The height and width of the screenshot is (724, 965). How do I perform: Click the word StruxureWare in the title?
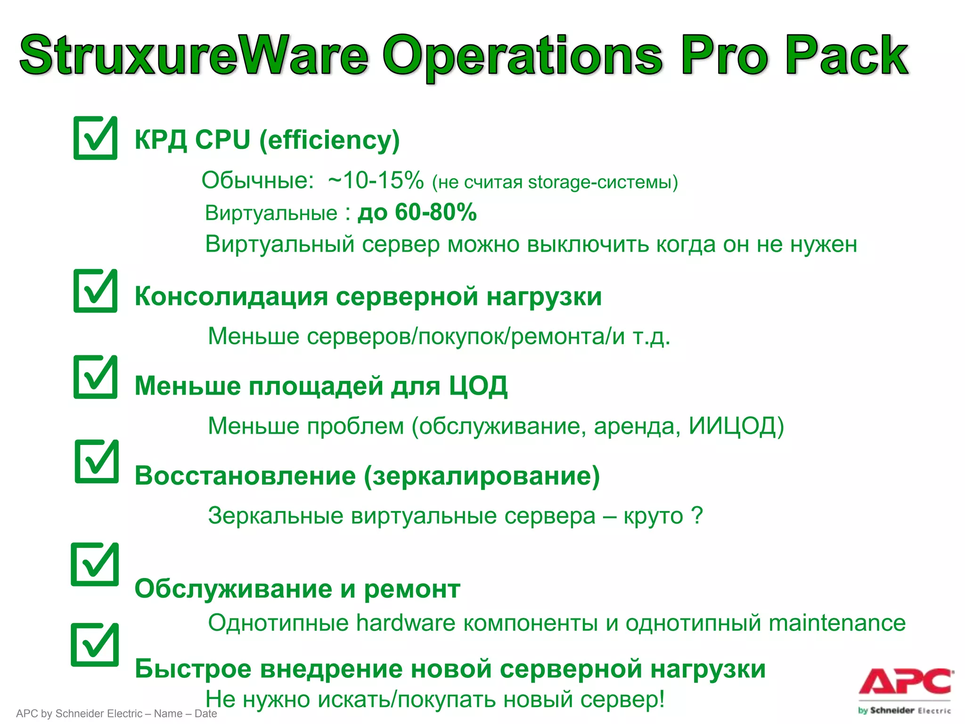point(193,55)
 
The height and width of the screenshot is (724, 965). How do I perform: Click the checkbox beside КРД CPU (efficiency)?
point(95,138)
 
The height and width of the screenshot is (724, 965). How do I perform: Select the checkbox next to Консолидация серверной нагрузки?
point(95,291)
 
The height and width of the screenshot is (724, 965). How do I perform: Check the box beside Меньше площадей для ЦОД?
point(95,377)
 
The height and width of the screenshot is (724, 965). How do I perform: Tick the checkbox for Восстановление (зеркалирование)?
point(97,462)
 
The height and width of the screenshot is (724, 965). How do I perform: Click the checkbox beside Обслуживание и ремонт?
point(95,564)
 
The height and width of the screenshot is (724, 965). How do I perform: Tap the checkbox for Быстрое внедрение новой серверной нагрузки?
point(95,645)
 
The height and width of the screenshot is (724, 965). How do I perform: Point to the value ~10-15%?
point(376,181)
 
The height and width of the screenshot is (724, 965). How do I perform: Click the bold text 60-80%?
point(436,212)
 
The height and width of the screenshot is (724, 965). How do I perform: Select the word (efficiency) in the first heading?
point(329,140)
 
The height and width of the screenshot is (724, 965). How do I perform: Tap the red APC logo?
point(905,682)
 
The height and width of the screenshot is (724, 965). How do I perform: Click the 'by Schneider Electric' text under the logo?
point(904,710)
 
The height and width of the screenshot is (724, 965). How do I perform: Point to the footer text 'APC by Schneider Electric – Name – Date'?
point(116,714)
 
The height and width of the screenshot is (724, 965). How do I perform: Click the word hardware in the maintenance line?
point(406,623)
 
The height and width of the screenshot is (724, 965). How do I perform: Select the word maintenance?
point(837,623)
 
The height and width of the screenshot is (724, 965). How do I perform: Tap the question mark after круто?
point(697,515)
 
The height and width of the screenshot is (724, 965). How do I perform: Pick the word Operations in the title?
point(523,55)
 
